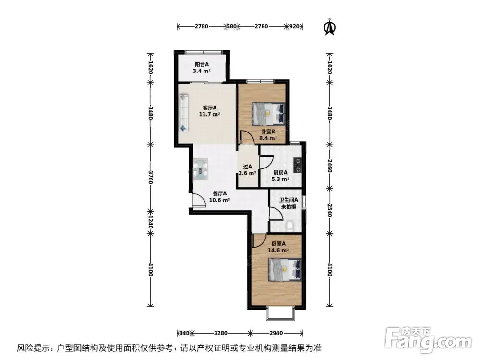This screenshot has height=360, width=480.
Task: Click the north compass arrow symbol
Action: pyautogui.click(x=330, y=27)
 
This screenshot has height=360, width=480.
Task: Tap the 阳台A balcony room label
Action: pyautogui.click(x=202, y=68)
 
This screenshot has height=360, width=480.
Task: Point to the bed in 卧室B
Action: pyautogui.click(x=268, y=114)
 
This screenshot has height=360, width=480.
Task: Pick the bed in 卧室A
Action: pyautogui.click(x=285, y=270)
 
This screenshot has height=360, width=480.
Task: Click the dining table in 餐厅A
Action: pyautogui.click(x=202, y=170)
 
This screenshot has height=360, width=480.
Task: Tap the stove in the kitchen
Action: pyautogui.click(x=298, y=165)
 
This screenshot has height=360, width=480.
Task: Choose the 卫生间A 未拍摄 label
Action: pyautogui.click(x=288, y=203)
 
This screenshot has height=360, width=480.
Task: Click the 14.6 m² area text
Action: pyautogui.click(x=278, y=250)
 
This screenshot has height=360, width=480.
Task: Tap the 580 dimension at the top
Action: pyautogui.click(x=232, y=27)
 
